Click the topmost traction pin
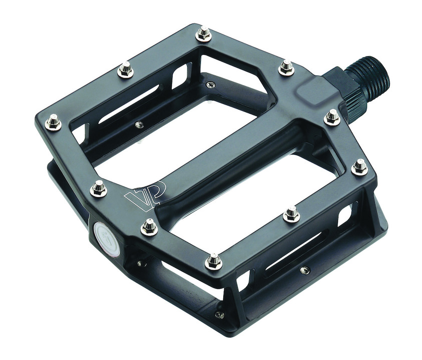(203, 34)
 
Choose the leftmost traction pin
(53, 121)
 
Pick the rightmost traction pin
(359, 167)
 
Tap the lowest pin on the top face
(214, 260)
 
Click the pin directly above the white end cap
(99, 189)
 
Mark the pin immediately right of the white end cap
(149, 227)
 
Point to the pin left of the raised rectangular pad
(286, 67)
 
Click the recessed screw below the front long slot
(304, 270)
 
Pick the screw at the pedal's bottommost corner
(219, 315)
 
